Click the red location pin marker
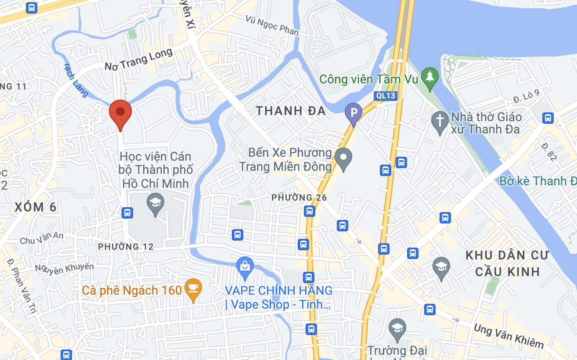tap(120, 112)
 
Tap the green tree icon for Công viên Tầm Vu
tap(429, 77)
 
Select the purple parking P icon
tap(353, 112)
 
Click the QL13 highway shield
tap(386, 96)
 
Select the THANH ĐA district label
tap(291, 111)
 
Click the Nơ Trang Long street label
tap(138, 61)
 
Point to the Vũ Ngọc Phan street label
tap(272, 25)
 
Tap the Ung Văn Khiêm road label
tap(508, 336)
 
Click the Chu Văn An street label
tap(42, 238)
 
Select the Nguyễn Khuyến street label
tap(65, 268)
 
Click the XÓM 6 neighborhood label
tap(36, 207)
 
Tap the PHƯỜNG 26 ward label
tap(299, 198)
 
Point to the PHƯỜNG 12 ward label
tap(126, 247)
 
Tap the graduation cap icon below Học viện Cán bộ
tap(155, 203)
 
